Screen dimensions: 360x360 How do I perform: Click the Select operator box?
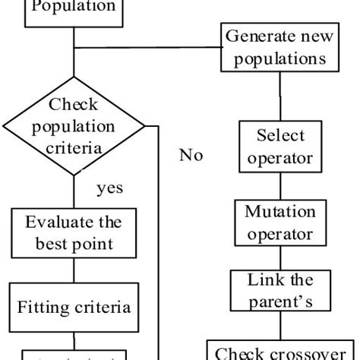tap(280, 147)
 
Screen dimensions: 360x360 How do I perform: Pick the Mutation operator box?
tap(280, 223)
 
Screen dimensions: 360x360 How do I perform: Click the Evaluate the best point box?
tap(73, 232)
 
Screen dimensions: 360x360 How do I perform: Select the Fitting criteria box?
tap(74, 308)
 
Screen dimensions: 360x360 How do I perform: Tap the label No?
tap(191, 155)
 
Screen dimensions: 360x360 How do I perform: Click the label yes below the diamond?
tap(110, 188)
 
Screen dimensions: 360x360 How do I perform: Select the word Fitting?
tap(43, 308)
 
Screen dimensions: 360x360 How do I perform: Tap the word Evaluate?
tap(59, 223)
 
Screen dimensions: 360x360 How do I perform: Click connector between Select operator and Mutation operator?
tap(280, 186)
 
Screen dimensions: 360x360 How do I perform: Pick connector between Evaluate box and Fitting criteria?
tap(73, 270)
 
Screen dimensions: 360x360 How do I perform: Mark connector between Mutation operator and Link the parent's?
tap(280, 257)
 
